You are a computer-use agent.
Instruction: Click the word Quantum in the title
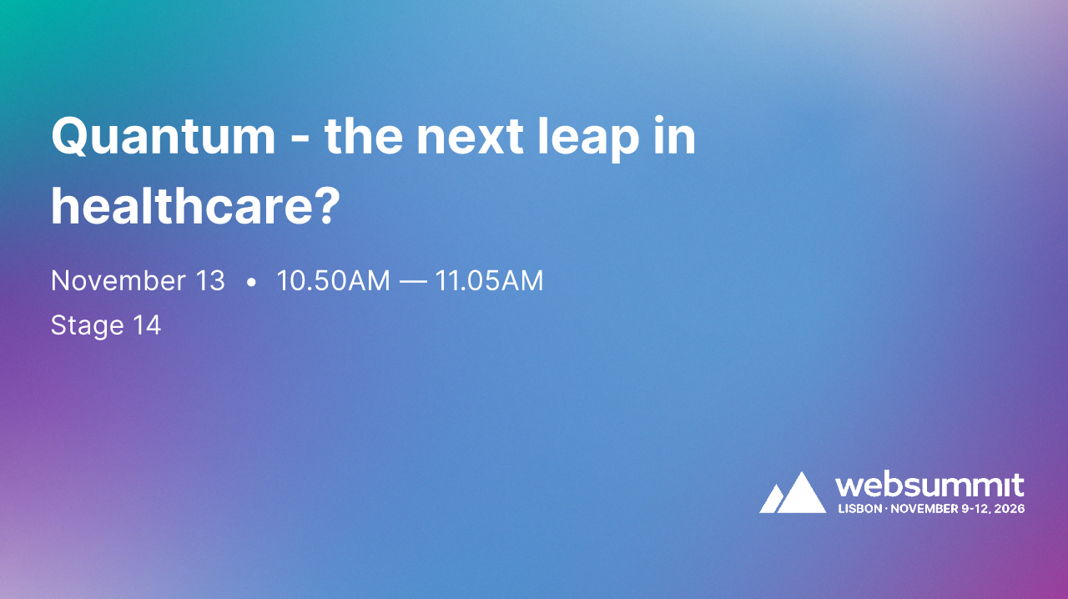click(x=163, y=137)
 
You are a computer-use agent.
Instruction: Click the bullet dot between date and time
click(x=251, y=283)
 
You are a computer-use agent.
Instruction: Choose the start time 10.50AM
click(x=333, y=281)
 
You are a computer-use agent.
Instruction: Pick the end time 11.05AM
click(x=489, y=281)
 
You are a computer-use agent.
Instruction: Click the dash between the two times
click(x=412, y=282)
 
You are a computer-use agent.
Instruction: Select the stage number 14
click(x=147, y=325)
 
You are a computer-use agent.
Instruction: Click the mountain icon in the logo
click(x=793, y=493)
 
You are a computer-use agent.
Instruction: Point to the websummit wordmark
click(x=929, y=485)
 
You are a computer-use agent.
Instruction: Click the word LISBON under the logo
click(x=859, y=508)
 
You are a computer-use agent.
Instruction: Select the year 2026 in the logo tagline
click(x=1010, y=508)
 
